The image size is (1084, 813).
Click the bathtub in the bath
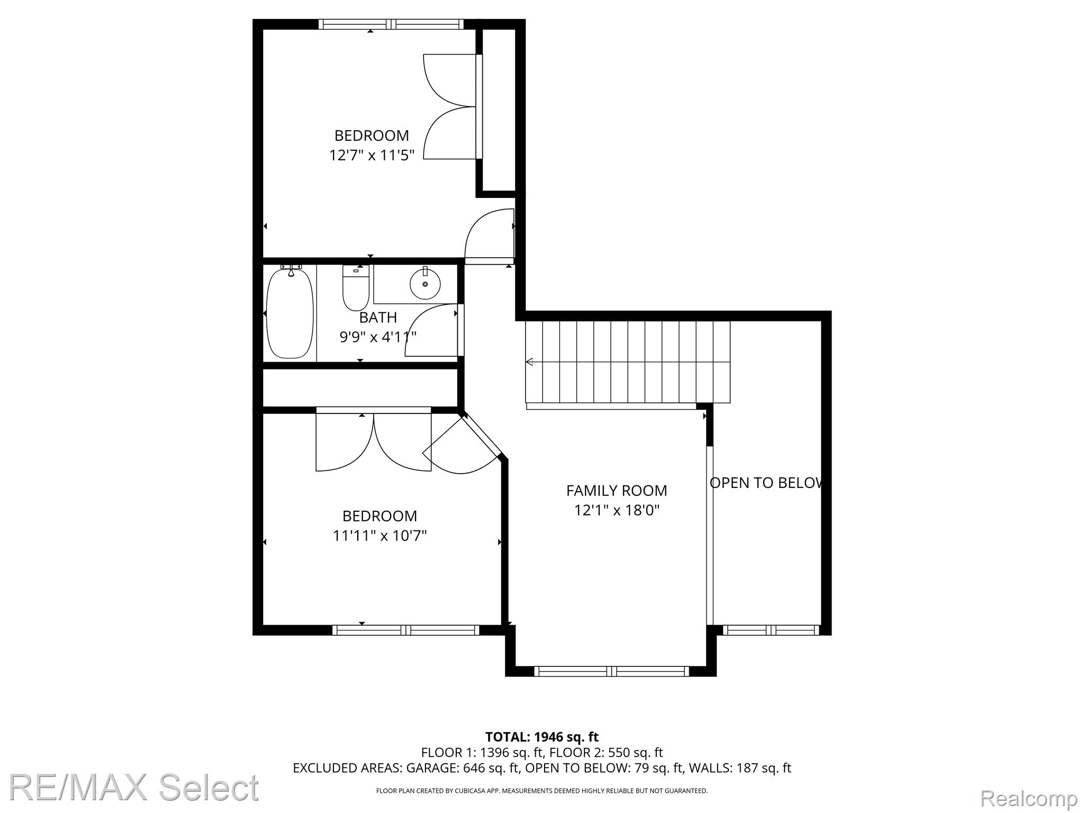point(290,313)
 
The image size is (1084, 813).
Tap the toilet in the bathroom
point(356,288)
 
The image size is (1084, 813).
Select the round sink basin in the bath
point(425,284)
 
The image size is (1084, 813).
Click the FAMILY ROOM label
point(617,491)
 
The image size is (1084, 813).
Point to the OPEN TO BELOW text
point(766,483)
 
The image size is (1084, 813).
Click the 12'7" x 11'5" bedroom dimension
point(372,155)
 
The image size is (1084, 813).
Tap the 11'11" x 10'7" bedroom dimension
point(380,536)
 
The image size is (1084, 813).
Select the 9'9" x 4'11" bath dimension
point(378,337)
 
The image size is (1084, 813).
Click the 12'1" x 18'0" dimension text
point(617,510)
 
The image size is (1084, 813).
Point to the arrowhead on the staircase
point(529,362)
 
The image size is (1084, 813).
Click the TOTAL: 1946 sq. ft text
point(542,737)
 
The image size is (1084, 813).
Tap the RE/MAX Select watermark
point(134,788)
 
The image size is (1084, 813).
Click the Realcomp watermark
point(1029,798)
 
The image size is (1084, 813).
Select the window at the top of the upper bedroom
point(391,24)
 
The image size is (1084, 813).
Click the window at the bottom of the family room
point(611,671)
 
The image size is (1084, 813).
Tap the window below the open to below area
point(771,630)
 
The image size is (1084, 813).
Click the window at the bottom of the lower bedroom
point(405,630)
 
